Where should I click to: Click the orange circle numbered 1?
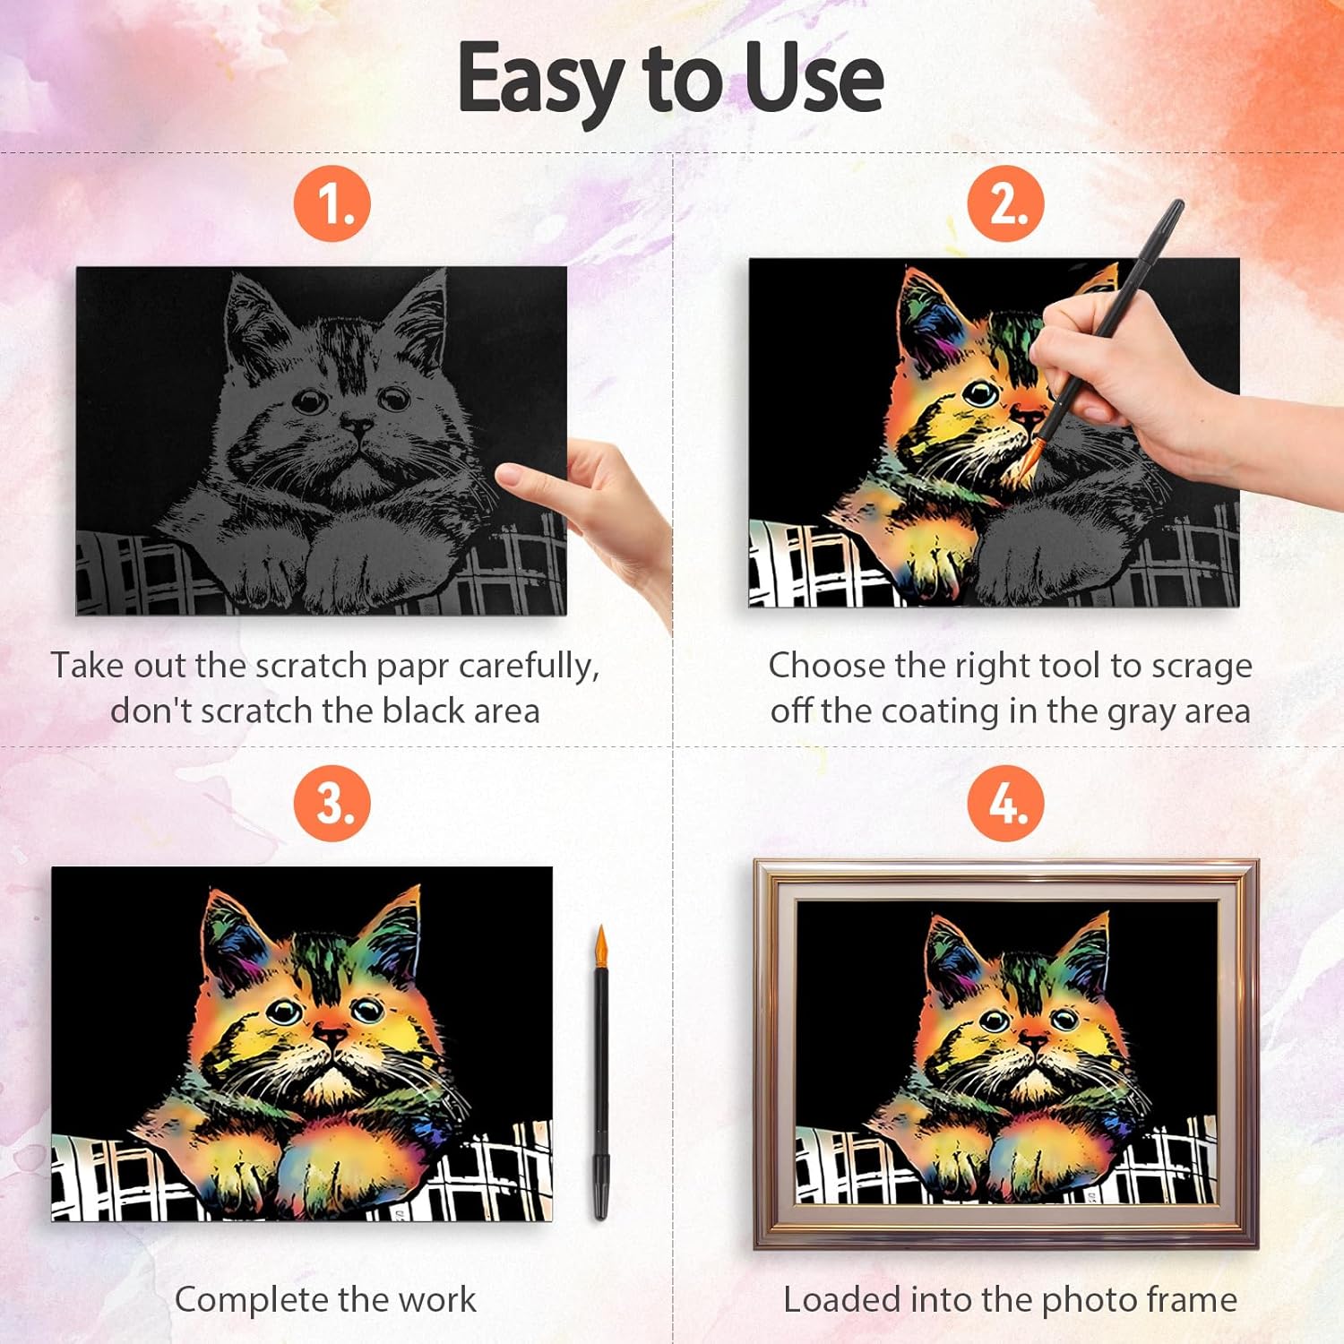tap(332, 204)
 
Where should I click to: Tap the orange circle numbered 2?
tap(1005, 204)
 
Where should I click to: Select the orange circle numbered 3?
tap(332, 803)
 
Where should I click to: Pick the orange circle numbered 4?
tap(1005, 803)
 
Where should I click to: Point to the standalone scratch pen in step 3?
tap(600, 1073)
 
